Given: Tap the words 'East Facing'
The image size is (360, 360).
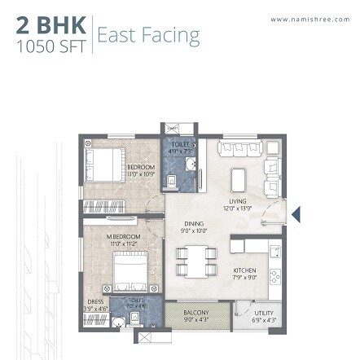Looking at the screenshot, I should pos(147,35).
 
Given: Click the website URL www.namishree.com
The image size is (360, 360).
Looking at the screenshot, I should pos(309,20).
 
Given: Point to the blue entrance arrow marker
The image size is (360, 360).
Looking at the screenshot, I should pos(296,214).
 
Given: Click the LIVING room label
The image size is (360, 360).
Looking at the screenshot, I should pos(238,204).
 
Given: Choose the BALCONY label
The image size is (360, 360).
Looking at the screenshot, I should pos(195,314).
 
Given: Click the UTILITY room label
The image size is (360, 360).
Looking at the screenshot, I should pos(263,314).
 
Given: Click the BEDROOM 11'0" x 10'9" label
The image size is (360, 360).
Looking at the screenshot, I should pos(141,170).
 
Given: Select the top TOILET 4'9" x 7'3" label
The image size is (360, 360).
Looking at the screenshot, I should pos(179,147).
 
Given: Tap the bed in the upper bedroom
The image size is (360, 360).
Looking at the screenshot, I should pos(104,165).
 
